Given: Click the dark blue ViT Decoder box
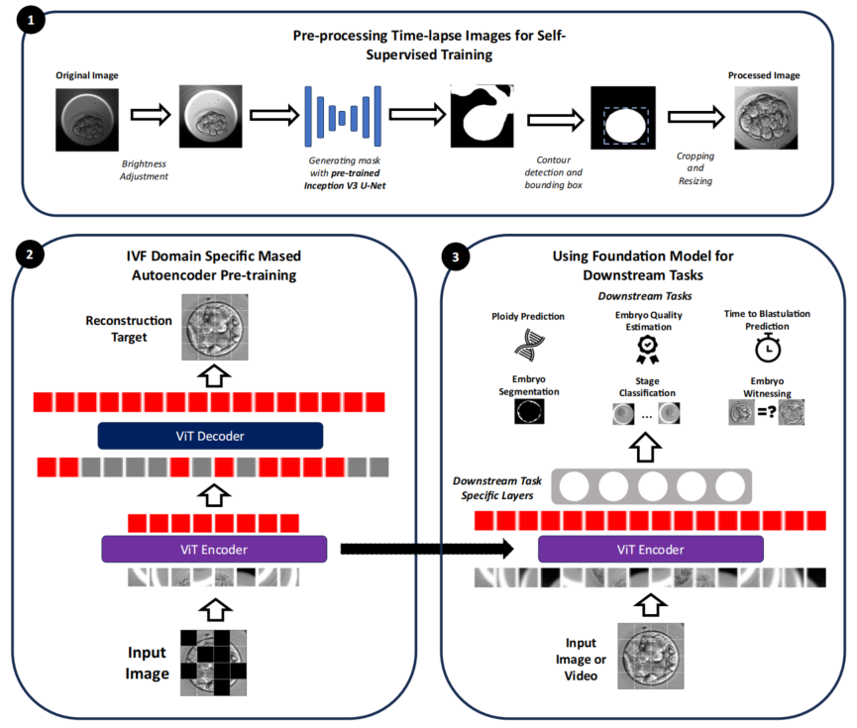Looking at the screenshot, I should (210, 435).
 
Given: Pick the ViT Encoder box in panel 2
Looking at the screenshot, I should (213, 549).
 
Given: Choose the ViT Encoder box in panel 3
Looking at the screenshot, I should (650, 549).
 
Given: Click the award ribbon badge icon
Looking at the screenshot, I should (646, 348).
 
